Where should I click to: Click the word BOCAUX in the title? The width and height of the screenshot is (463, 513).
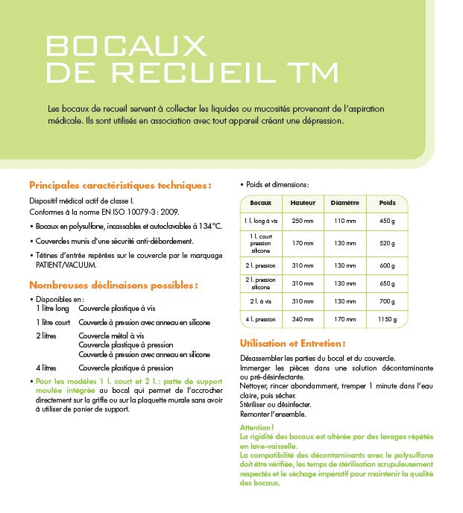(x=126, y=45)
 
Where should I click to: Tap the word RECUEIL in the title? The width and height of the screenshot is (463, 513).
(x=190, y=72)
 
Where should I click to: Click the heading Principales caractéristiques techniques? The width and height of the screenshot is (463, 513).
(x=119, y=185)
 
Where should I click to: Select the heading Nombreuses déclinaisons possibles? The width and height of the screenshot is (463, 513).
(x=113, y=284)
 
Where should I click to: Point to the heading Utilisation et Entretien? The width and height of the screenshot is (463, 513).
(x=292, y=343)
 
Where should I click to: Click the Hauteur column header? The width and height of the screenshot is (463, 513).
(x=303, y=203)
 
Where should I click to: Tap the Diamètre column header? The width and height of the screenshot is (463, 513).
(x=344, y=203)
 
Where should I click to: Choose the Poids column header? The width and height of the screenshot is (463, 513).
(x=387, y=203)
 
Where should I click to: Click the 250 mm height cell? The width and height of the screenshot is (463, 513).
(x=303, y=221)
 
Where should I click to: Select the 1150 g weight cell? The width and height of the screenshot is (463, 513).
(x=387, y=320)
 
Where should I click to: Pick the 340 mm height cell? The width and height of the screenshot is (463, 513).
(x=303, y=320)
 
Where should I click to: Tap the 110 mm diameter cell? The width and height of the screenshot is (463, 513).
(x=344, y=221)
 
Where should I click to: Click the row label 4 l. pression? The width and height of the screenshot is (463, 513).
(x=261, y=320)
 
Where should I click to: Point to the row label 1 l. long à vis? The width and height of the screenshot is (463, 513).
(x=261, y=221)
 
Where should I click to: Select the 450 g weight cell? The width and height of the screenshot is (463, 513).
(x=387, y=221)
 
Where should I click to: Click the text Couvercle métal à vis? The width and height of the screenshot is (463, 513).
(x=110, y=336)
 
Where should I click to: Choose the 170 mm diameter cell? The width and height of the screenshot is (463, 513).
(x=344, y=320)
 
